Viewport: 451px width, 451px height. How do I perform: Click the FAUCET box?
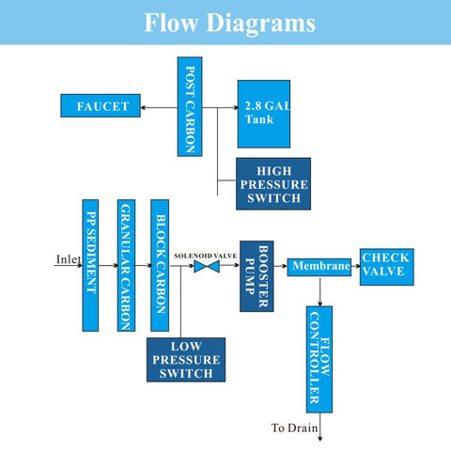click(101, 106)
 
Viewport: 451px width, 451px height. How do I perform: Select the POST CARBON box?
click(190, 106)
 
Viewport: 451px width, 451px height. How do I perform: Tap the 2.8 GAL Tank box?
click(264, 114)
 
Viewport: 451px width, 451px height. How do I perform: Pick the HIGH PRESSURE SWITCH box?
click(273, 184)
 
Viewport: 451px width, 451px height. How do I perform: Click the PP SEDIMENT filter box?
click(90, 265)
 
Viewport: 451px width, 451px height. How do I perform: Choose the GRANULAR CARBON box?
click(126, 265)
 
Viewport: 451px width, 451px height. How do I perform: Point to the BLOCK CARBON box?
click(160, 265)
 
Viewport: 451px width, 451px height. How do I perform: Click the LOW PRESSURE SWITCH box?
click(186, 360)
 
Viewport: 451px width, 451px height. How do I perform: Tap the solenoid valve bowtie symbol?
click(207, 267)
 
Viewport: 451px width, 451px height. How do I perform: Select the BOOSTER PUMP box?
click(257, 276)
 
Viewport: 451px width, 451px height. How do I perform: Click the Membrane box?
click(319, 267)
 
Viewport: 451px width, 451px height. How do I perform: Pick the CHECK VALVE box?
click(387, 267)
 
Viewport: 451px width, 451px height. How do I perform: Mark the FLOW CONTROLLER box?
click(319, 360)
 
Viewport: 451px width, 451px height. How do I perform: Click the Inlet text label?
click(69, 259)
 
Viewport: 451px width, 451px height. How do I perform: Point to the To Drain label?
click(294, 428)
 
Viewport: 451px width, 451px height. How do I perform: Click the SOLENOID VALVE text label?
click(206, 256)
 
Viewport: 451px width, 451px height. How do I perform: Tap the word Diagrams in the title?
click(261, 23)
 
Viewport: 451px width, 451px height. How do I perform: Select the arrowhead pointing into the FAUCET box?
click(143, 108)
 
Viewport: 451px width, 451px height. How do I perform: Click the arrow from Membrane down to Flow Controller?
click(319, 291)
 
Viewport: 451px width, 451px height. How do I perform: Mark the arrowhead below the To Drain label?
click(319, 439)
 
